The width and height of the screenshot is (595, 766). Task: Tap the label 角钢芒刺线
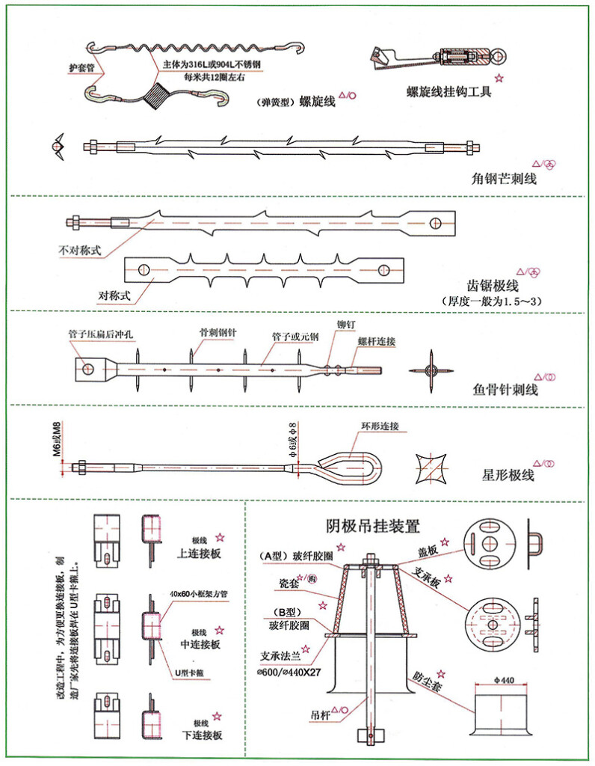[504, 179]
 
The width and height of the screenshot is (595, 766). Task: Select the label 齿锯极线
[492, 286]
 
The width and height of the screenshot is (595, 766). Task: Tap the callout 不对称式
[78, 249]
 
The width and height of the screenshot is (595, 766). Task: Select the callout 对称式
[114, 295]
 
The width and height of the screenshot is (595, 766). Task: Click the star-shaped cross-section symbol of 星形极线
[433, 469]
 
